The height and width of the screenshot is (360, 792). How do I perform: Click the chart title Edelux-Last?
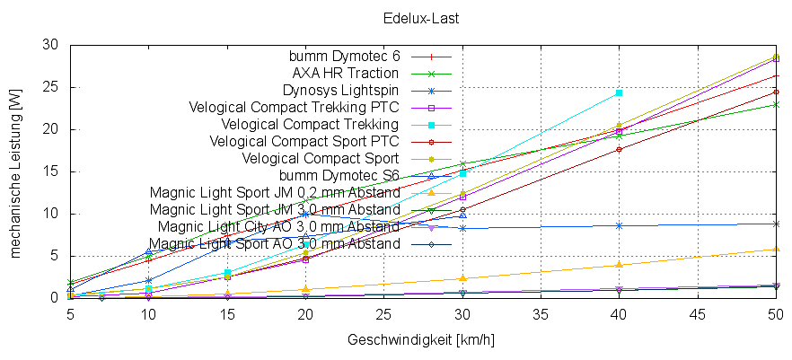click(x=396, y=17)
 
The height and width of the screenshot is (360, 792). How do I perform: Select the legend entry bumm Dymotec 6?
click(x=344, y=56)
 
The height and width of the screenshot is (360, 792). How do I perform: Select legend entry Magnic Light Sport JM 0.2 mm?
click(x=275, y=192)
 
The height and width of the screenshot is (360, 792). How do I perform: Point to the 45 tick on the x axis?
click(x=698, y=315)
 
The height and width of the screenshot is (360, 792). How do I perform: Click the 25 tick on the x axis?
click(x=383, y=315)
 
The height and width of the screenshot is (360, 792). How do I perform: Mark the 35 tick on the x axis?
click(x=541, y=315)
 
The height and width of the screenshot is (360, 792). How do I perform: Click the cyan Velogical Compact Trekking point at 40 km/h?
click(x=619, y=92)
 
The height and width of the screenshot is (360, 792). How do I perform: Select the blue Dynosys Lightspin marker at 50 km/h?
click(x=776, y=224)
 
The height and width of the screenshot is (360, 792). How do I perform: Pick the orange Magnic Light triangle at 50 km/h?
click(x=776, y=250)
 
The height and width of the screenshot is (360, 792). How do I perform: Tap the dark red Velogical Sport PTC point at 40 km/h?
click(x=619, y=149)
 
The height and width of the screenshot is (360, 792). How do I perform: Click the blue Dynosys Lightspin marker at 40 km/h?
click(x=619, y=225)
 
